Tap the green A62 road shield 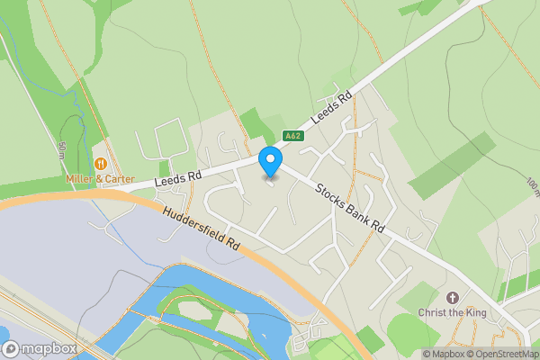pos(292,137)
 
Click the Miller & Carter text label pos(100,179)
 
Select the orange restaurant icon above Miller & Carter pos(100,165)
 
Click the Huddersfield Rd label pos(201,229)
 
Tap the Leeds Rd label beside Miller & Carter pos(175,181)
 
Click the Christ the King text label pos(452,312)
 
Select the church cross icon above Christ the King pos(452,298)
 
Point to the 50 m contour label pos(62,148)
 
